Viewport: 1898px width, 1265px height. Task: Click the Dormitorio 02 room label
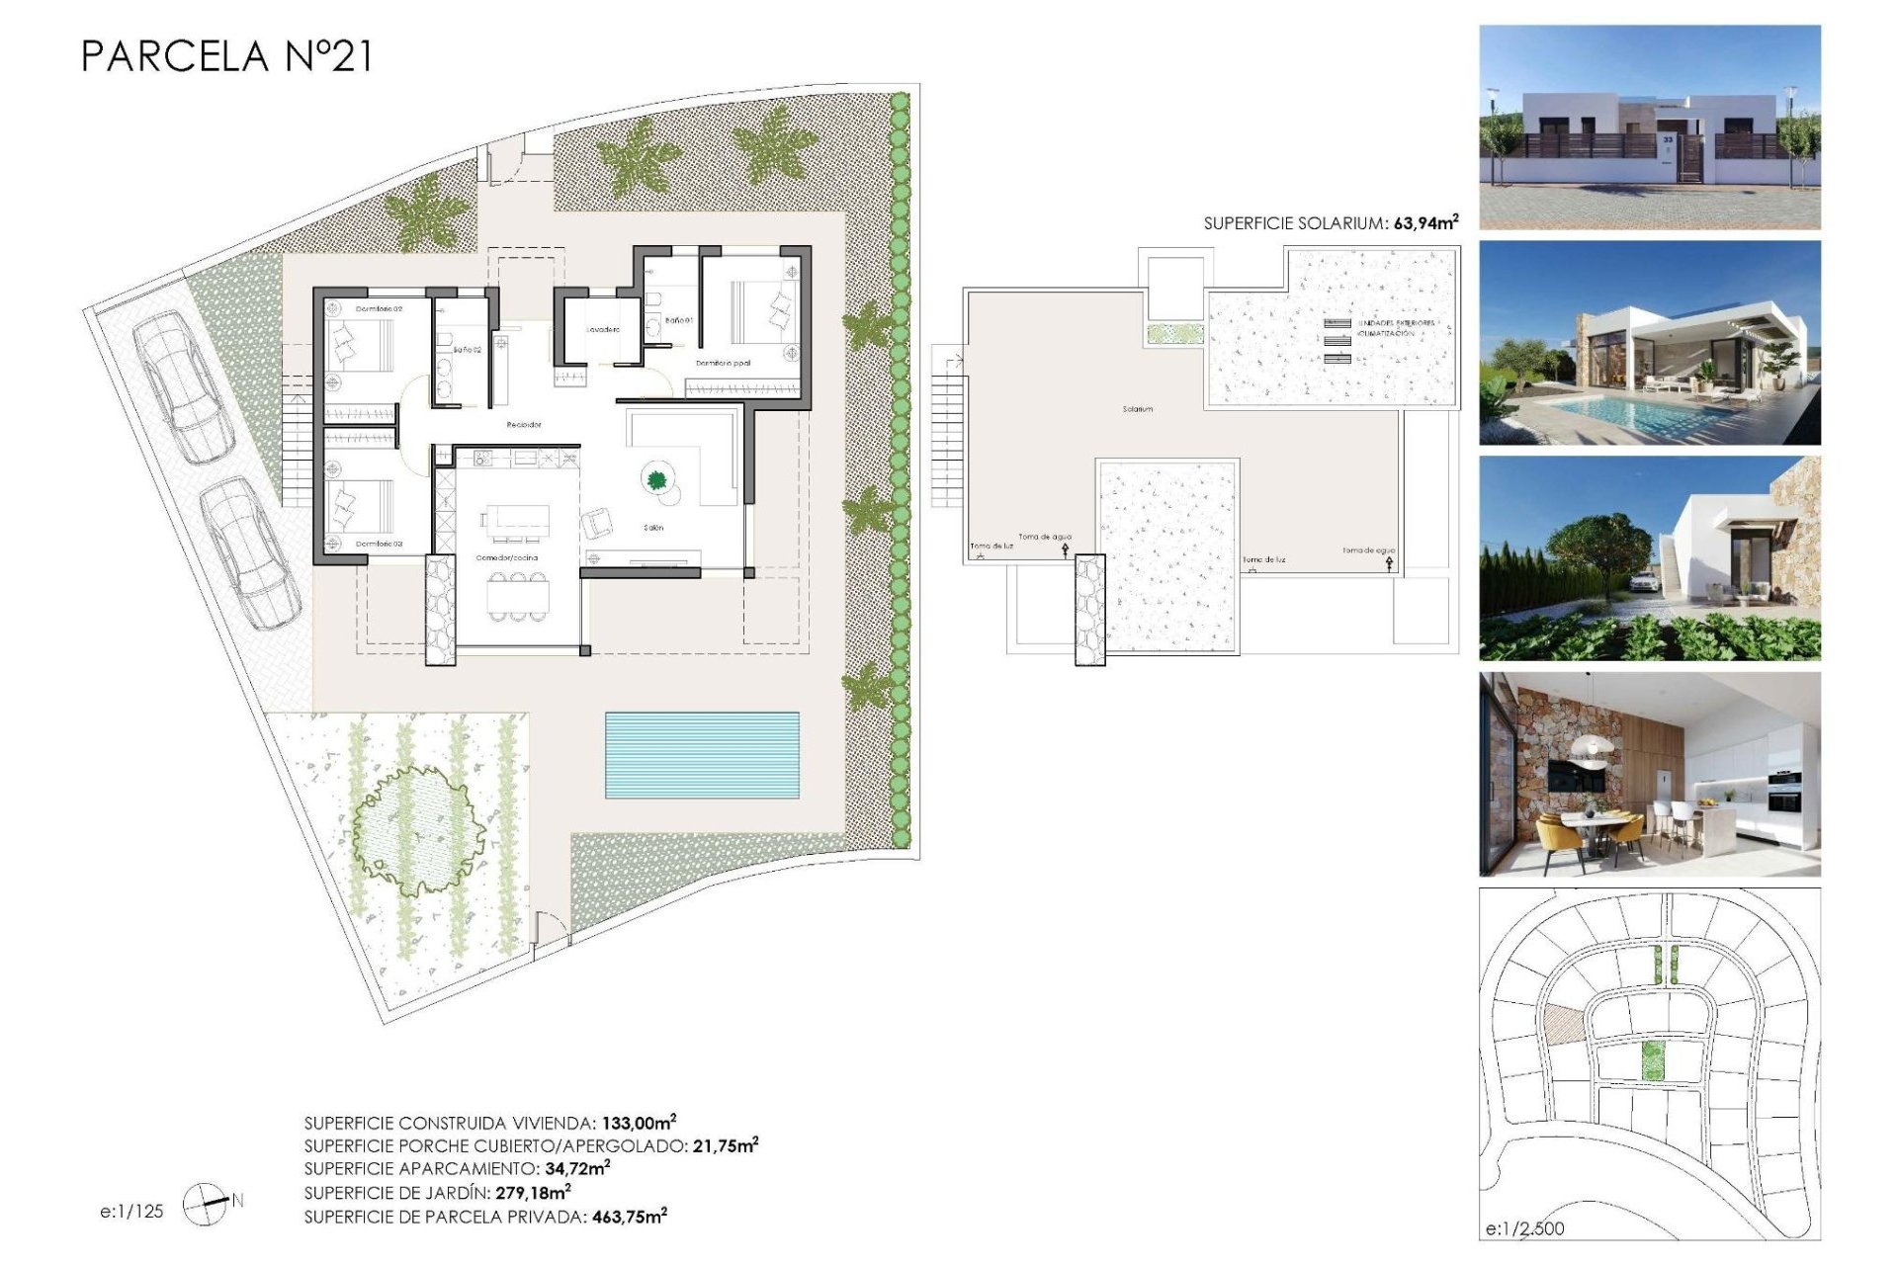coord(379,309)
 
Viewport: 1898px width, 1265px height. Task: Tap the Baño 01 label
coord(679,320)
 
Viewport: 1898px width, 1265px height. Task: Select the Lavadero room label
coord(602,329)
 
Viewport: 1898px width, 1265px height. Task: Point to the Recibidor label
coord(524,424)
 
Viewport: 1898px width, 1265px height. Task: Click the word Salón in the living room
coord(653,528)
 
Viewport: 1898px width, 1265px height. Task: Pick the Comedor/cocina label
coord(507,557)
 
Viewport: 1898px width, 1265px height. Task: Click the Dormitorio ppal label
coord(723,363)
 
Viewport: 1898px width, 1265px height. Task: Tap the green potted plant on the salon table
coord(655,480)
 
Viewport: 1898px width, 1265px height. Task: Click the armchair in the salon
coord(597,522)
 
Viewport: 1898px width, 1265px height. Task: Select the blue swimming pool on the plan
coord(702,755)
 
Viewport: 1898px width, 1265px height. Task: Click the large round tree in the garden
coord(418,824)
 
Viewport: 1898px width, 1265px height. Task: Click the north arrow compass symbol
coord(207,1204)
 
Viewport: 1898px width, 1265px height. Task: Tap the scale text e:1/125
coord(131,1211)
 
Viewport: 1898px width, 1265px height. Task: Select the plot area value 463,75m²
coord(629,1217)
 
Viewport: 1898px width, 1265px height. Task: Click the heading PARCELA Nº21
coord(226,56)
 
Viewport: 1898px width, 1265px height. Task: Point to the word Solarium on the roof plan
coord(1137,408)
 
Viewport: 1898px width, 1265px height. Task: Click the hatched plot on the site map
coord(1563,1024)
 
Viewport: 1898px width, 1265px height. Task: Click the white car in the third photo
coord(1642,583)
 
